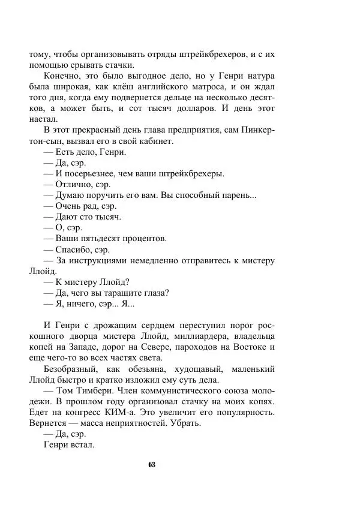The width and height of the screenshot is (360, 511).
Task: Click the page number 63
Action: click(x=151, y=465)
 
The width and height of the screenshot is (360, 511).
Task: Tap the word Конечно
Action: click(x=62, y=76)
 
